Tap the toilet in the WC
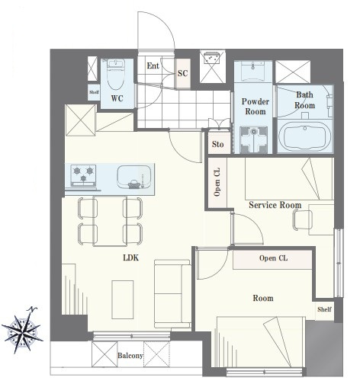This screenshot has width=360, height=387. point(116,74)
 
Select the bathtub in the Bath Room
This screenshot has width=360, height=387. point(305,136)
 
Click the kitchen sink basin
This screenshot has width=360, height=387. point(133,178)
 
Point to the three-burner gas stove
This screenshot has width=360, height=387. point(83,174)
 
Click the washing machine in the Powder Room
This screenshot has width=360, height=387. point(253,139)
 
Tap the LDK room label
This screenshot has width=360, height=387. point(131,258)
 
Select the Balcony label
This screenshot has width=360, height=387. point(130,356)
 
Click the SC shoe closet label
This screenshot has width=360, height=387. point(182,73)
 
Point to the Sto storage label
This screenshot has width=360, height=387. point(218,144)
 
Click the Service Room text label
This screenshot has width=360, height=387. point(275,205)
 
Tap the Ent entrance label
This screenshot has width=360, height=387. point(153,66)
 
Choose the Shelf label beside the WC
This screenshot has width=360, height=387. point(94,92)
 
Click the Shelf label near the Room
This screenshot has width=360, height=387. point(324,309)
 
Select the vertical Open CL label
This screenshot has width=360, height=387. point(217,182)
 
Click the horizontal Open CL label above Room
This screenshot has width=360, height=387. point(274,258)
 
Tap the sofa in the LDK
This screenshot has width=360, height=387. point(172,294)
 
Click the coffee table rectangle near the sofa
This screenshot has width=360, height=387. point(123,299)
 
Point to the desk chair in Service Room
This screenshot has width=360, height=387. point(303,219)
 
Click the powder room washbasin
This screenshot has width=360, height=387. point(253,71)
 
